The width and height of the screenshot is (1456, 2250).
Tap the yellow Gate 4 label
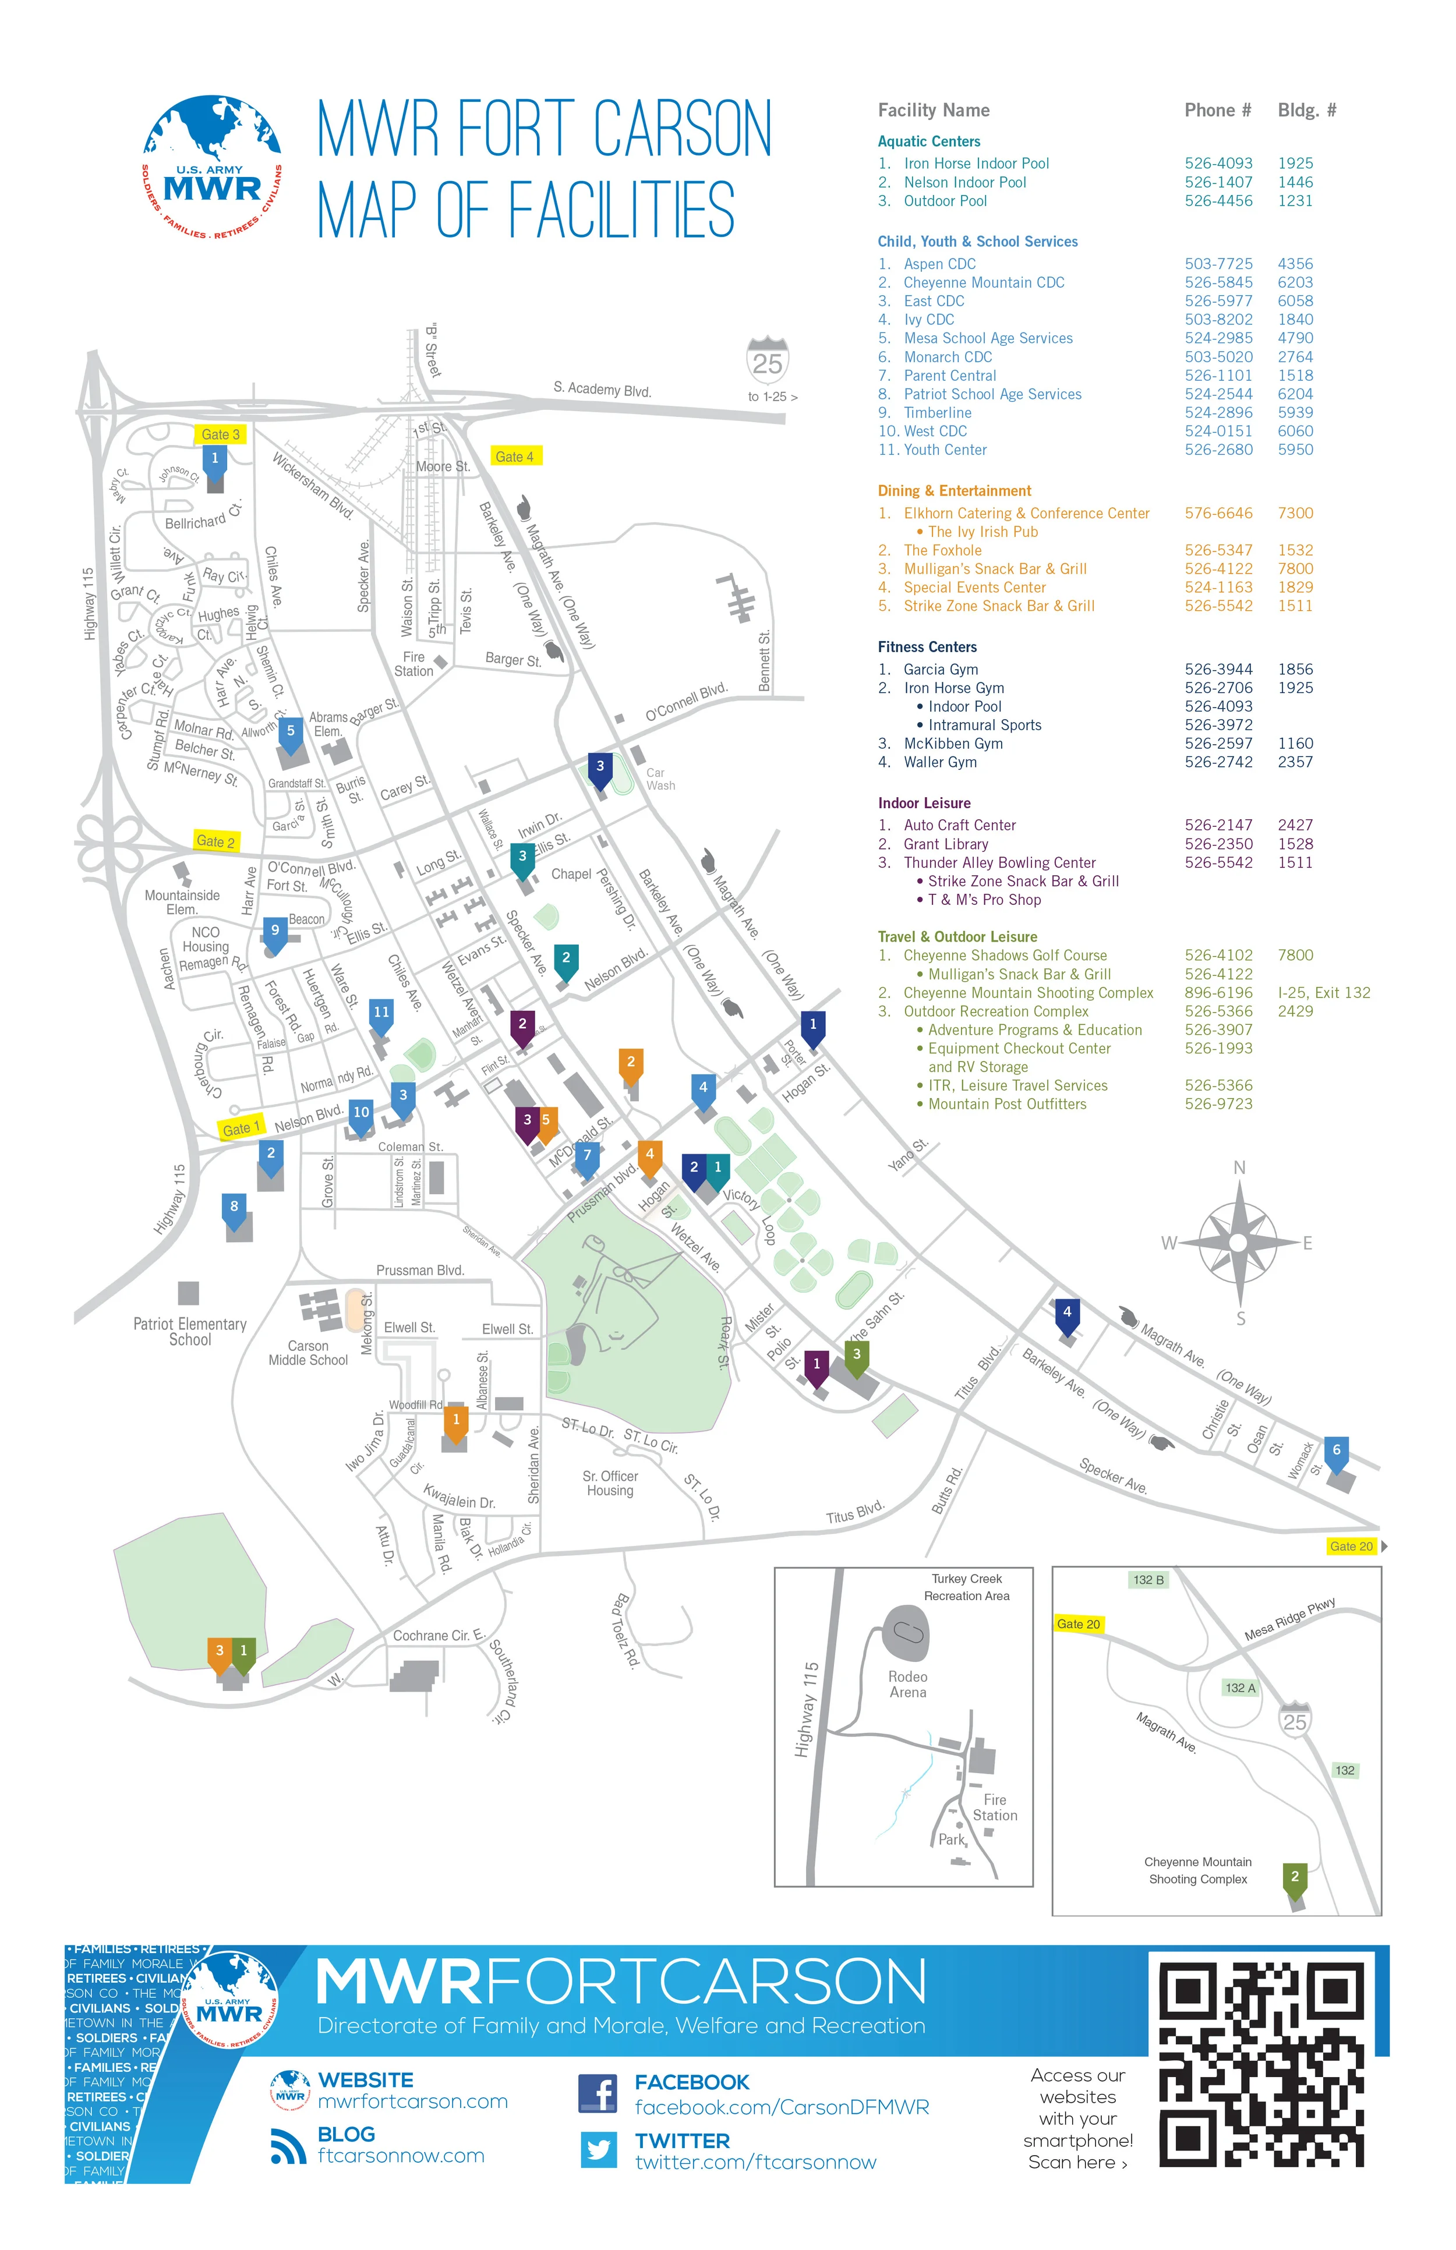515,456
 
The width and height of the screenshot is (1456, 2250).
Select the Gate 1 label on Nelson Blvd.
241,1128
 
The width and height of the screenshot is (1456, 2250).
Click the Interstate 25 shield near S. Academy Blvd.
767,361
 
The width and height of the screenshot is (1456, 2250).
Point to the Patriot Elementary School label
189,1331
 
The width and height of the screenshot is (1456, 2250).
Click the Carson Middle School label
308,1353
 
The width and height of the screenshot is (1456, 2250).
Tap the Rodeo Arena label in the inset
907,1684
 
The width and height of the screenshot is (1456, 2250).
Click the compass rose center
1239,1241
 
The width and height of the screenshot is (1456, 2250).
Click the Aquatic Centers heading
928,141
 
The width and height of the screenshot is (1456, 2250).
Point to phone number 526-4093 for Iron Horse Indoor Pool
1218,164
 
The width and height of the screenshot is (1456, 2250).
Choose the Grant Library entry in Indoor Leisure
945,843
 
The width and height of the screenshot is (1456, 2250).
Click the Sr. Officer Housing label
610,1483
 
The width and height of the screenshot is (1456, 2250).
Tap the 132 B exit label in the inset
1148,1580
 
